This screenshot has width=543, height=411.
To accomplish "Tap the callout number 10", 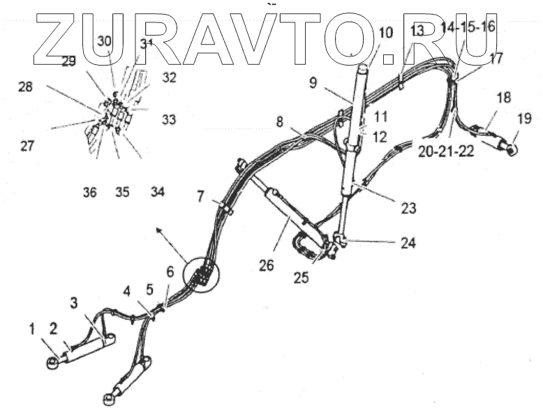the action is tap(385, 32).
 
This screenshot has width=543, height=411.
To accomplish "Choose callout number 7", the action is tap(201, 197).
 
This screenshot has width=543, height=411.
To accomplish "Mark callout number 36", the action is tap(90, 192).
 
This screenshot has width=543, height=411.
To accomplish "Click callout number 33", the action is tap(170, 120).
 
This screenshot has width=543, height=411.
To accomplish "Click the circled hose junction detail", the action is tap(201, 274).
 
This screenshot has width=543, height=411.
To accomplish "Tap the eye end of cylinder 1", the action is tap(52, 362).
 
